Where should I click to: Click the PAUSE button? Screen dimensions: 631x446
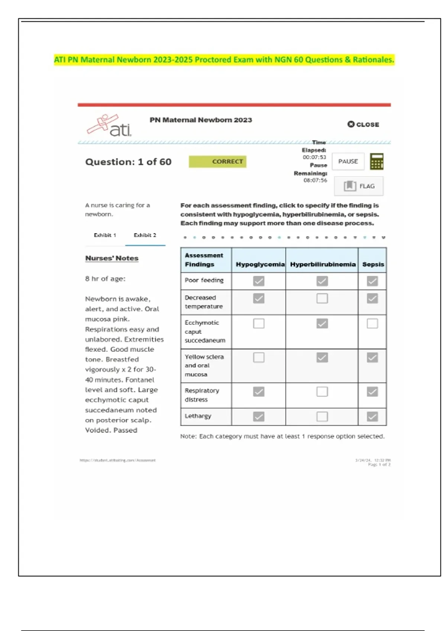(x=348, y=161)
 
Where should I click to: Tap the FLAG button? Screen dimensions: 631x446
(x=359, y=186)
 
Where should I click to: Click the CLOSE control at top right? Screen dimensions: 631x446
(x=363, y=124)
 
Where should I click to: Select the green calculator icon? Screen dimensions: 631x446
(x=376, y=161)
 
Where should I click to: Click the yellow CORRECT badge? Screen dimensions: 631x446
(x=217, y=161)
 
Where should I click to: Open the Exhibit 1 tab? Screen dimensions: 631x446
(x=105, y=235)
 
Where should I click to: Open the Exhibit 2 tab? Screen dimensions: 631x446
(x=145, y=235)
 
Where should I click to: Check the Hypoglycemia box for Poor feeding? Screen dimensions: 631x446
(x=259, y=281)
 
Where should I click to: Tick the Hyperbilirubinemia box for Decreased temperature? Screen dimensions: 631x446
(x=322, y=298)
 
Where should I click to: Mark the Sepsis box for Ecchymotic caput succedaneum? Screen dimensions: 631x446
(x=372, y=323)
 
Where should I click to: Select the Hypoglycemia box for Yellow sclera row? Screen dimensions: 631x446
(x=259, y=357)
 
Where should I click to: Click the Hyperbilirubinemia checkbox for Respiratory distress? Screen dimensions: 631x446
(x=322, y=392)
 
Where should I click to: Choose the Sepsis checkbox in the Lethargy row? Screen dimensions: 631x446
(x=372, y=416)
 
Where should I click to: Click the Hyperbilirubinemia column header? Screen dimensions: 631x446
(x=323, y=264)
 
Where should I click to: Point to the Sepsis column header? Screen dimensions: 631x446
(x=373, y=264)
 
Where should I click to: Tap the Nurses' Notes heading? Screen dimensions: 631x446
(x=112, y=258)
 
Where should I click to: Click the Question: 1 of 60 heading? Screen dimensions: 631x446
(x=128, y=162)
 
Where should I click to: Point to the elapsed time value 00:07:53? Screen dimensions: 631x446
(x=314, y=157)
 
